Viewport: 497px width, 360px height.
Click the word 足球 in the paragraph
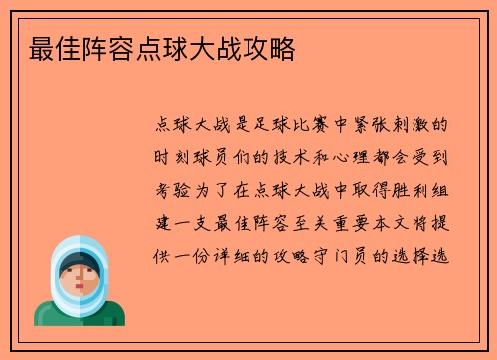(x=281, y=126)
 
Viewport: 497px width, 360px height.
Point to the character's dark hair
(x=80, y=261)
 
